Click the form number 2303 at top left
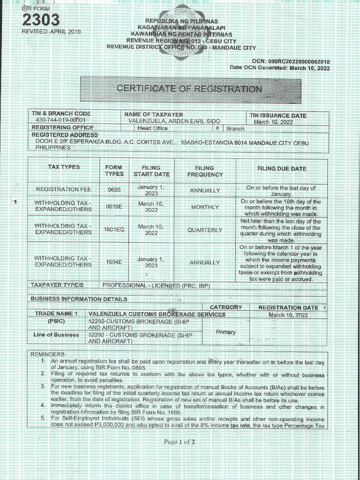coord(41,20)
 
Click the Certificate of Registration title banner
coord(189,89)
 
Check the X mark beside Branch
coord(217,128)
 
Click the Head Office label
coord(152,128)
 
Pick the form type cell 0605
coord(114,190)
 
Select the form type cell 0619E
coord(114,206)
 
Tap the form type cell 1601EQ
coord(114,230)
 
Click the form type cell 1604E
coord(114,262)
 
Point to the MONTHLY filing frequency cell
coord(204,207)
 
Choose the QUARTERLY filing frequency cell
coord(204,230)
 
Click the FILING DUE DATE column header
coord(281,169)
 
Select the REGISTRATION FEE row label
coord(64,189)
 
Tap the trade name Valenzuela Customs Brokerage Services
coord(157,315)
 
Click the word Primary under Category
coord(226,332)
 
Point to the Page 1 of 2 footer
coord(180,442)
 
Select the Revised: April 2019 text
coord(52,31)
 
